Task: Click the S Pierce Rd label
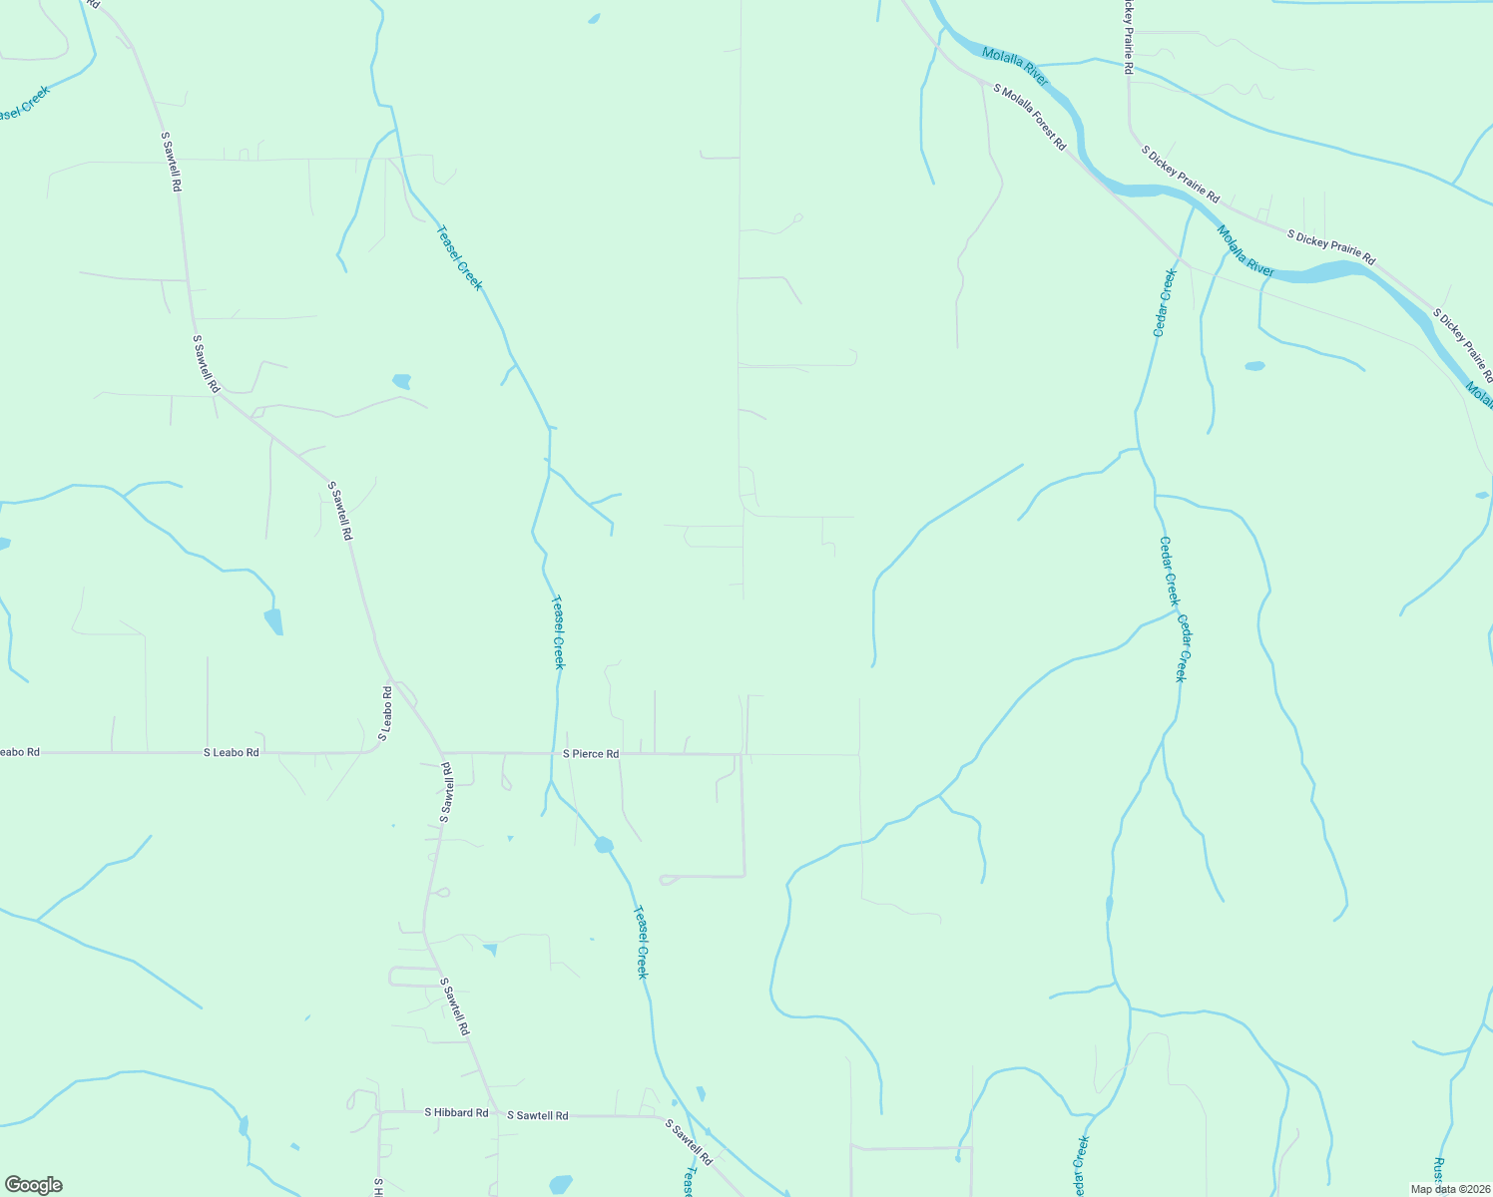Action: pyautogui.click(x=591, y=754)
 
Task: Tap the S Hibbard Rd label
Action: pyautogui.click(x=456, y=1112)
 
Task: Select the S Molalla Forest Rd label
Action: pyautogui.click(x=1030, y=118)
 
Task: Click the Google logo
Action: pyautogui.click(x=33, y=1184)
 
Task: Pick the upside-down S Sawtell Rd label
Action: pyautogui.click(x=446, y=792)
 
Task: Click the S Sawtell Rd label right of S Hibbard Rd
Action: pyautogui.click(x=537, y=1115)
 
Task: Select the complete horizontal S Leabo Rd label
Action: pyautogui.click(x=232, y=752)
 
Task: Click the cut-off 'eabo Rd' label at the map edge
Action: pyautogui.click(x=19, y=751)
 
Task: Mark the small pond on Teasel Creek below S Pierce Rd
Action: pyautogui.click(x=604, y=845)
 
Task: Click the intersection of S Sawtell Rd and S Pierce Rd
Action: pyautogui.click(x=441, y=753)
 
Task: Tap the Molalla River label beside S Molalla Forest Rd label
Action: pyautogui.click(x=1015, y=66)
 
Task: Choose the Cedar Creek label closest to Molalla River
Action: pyautogui.click(x=1165, y=302)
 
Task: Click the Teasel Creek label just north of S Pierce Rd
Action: pyautogui.click(x=559, y=632)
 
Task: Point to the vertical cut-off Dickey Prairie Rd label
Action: pyautogui.click(x=1129, y=38)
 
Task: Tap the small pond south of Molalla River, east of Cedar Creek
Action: pyautogui.click(x=1254, y=366)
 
